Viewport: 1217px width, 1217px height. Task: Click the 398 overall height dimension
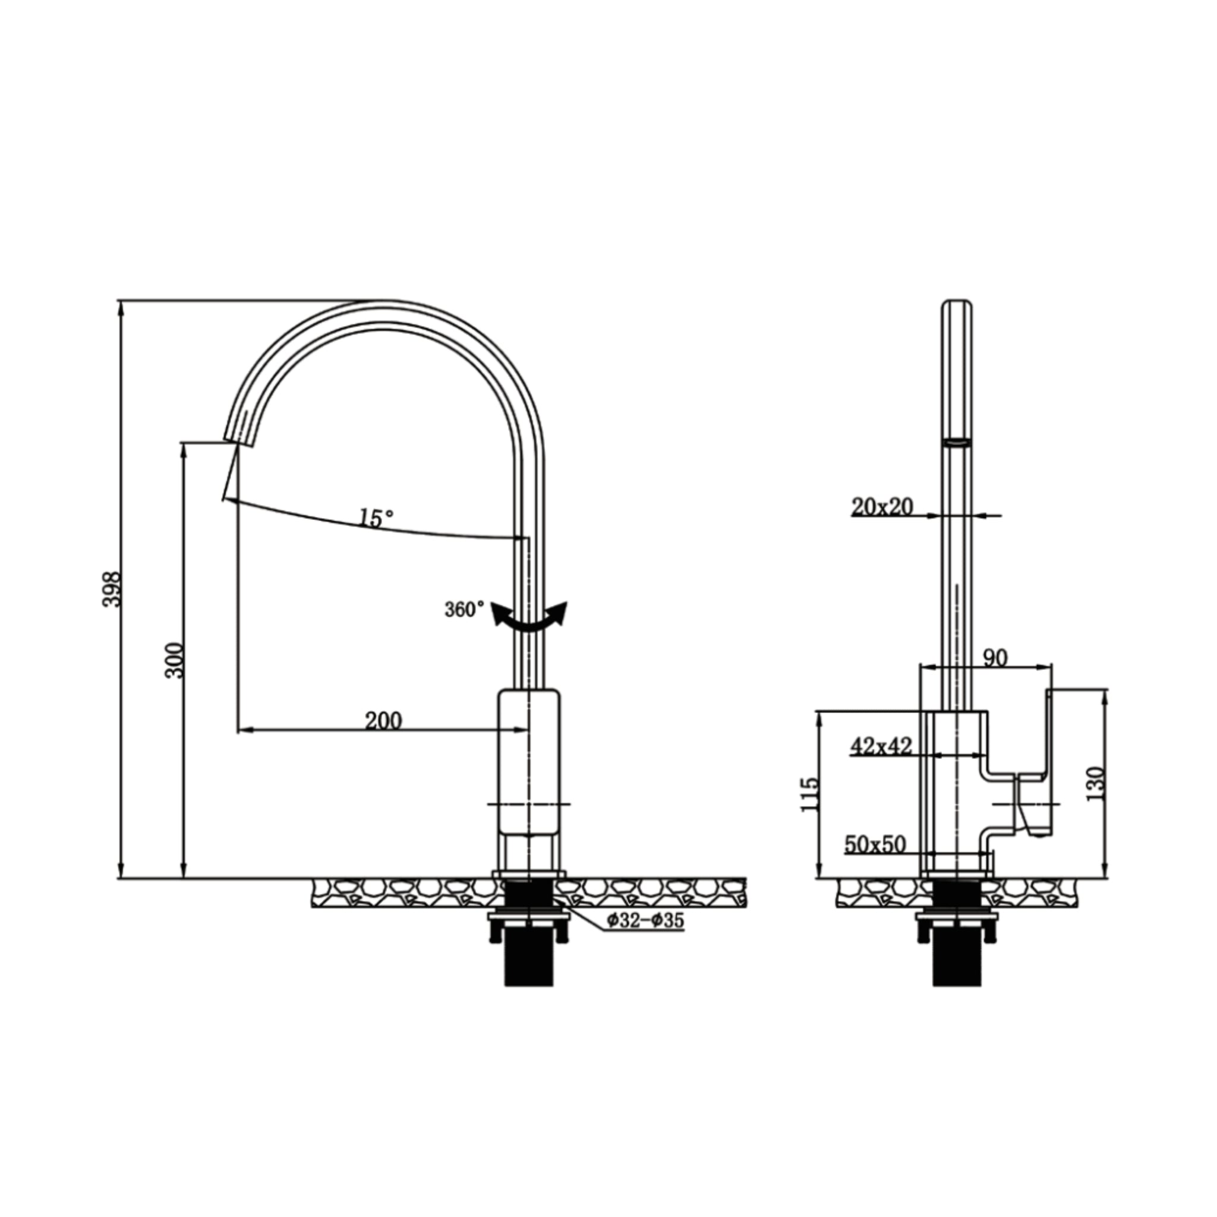pos(111,589)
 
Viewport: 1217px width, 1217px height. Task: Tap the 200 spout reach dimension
pos(383,720)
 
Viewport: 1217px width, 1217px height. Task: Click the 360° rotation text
pos(464,610)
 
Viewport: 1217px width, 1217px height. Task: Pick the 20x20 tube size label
pos(882,506)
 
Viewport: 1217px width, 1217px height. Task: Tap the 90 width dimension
pos(995,658)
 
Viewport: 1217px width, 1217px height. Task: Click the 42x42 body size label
pos(881,746)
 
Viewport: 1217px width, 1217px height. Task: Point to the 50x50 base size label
pos(875,845)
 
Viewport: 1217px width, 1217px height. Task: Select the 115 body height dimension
pos(810,794)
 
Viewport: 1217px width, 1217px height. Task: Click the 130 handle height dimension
pos(1096,783)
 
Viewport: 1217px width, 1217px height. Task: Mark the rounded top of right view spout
pos(957,304)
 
